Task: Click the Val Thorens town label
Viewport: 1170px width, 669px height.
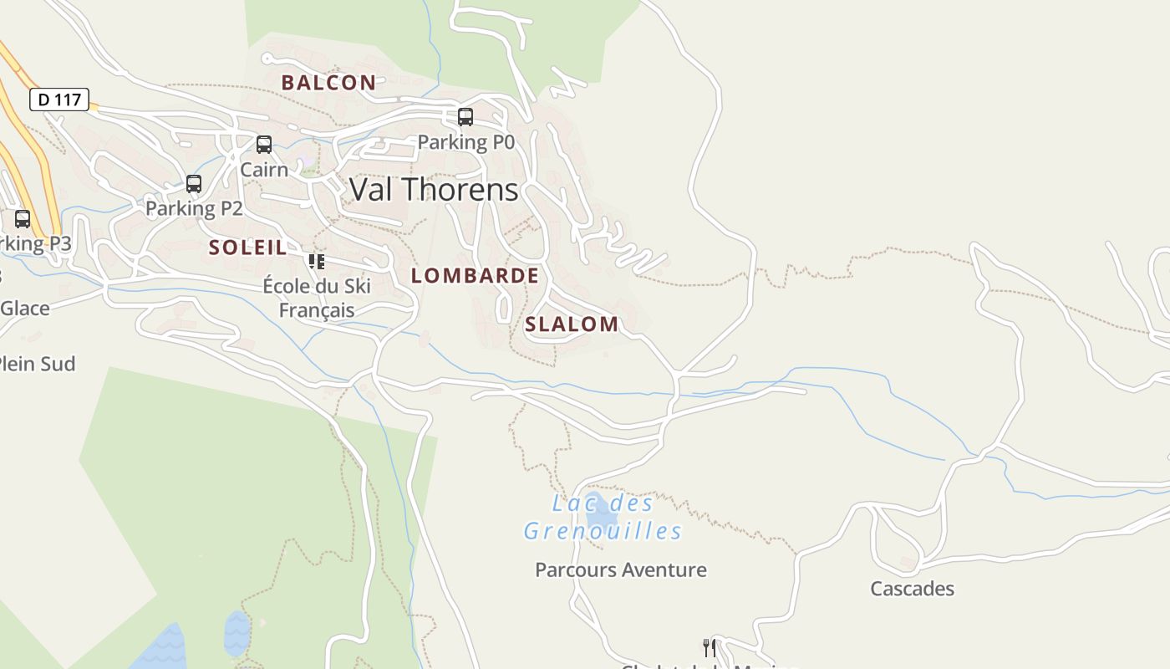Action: (x=434, y=190)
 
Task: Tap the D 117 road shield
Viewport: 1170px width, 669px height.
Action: (x=59, y=100)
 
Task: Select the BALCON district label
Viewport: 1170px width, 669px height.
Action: (x=328, y=83)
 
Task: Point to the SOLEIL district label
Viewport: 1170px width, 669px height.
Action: (x=247, y=248)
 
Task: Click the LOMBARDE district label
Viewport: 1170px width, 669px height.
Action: (x=475, y=276)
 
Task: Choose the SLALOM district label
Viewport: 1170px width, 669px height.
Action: (x=572, y=324)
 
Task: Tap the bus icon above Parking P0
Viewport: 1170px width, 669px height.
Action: (x=465, y=117)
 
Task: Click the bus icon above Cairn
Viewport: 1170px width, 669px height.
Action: (x=264, y=145)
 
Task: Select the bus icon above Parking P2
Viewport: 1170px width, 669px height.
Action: (x=194, y=184)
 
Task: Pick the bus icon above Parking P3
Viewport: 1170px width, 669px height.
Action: (x=23, y=219)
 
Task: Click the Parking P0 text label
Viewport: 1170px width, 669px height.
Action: (x=465, y=142)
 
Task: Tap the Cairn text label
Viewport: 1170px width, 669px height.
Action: (x=264, y=170)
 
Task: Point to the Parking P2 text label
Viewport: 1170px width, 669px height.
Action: (x=194, y=208)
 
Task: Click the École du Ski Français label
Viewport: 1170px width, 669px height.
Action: (x=317, y=298)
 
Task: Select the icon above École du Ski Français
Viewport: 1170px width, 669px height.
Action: (x=316, y=262)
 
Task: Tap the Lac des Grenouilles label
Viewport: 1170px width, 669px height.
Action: (x=603, y=517)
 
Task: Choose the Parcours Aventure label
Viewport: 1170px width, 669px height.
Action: (x=621, y=570)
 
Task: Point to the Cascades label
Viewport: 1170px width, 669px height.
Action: (x=912, y=589)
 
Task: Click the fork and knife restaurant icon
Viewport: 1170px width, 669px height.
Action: (x=710, y=647)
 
